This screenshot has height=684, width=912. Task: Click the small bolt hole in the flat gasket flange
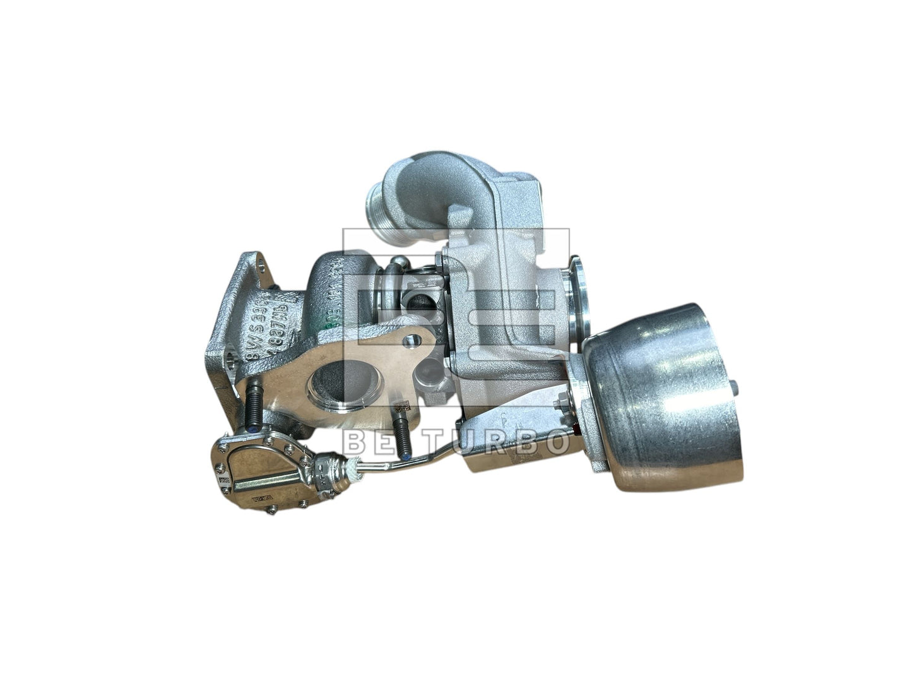[413, 341]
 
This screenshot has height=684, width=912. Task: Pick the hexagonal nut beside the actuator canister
[559, 403]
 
